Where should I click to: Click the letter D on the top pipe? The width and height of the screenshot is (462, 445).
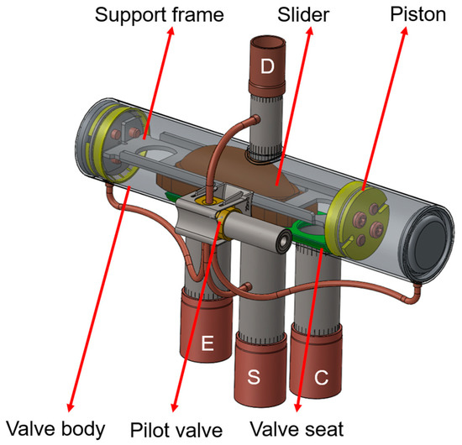tap(266, 69)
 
